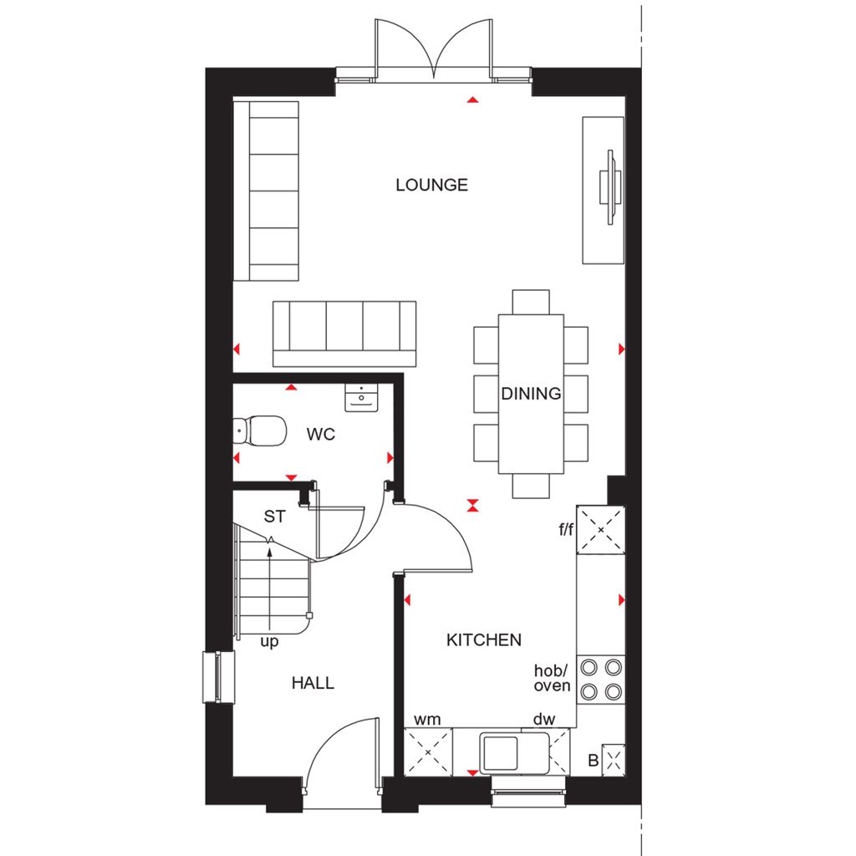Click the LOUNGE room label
[x=431, y=185]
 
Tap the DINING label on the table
[x=531, y=393]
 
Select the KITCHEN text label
[x=483, y=639]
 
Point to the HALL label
[x=313, y=683]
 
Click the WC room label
[x=321, y=435]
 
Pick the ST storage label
[x=274, y=517]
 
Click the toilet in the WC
[x=258, y=431]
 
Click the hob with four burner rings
[x=602, y=679]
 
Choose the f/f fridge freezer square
[x=601, y=530]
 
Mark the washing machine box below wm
[x=428, y=752]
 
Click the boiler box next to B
[x=614, y=760]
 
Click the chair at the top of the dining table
[x=531, y=301]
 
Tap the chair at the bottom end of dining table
[x=531, y=486]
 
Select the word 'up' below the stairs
[x=268, y=642]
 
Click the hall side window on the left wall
[x=216, y=676]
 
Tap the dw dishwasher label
[x=543, y=719]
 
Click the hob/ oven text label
[x=553, y=678]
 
